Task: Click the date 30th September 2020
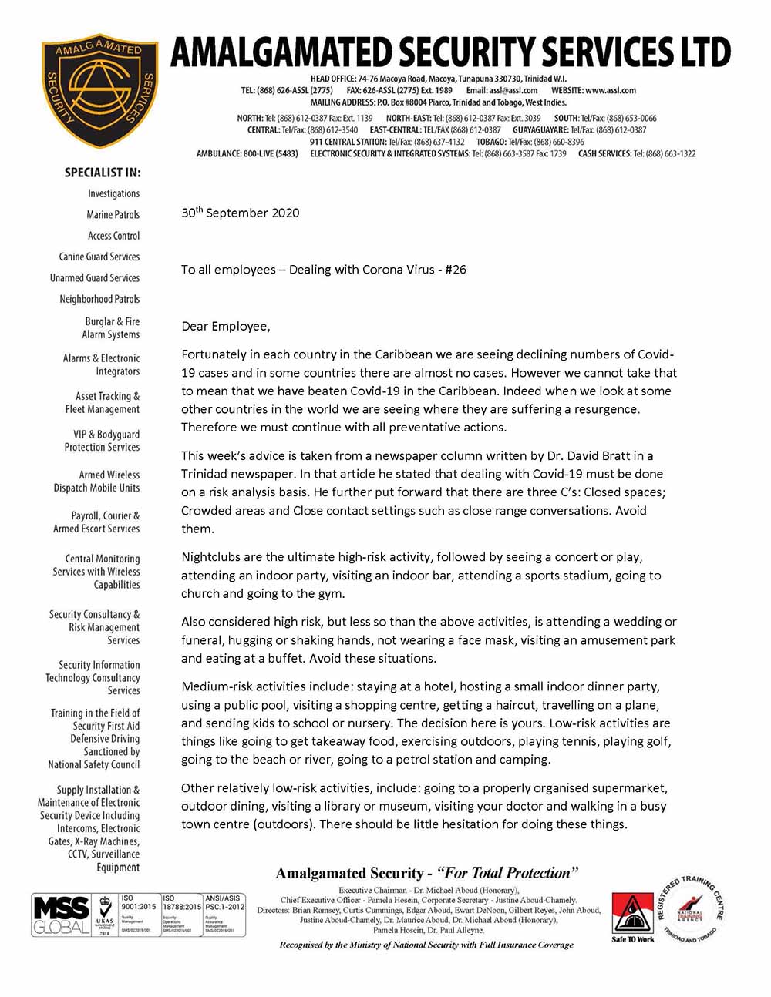pos(240,213)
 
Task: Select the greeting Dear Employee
pos(226,327)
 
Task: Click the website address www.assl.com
pos(611,90)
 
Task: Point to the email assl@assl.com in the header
pos(513,90)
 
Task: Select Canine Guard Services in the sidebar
pos(99,257)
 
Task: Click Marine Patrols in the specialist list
pos(113,214)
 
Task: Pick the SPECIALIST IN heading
pos(103,173)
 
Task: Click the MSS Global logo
pos(61,915)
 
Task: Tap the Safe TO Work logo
pos(632,917)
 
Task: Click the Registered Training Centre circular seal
pos(689,910)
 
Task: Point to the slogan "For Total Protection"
pos(507,873)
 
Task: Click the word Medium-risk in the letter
pos(214,686)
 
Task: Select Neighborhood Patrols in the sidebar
pos(99,299)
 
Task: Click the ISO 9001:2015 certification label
pos(139,902)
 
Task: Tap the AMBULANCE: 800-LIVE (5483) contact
pos(247,154)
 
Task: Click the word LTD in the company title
pos(701,52)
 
